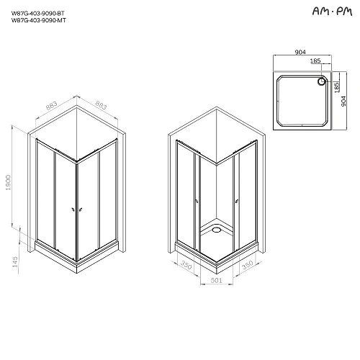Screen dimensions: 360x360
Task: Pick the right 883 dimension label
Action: point(101,107)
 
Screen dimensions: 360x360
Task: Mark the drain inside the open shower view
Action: point(215,230)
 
